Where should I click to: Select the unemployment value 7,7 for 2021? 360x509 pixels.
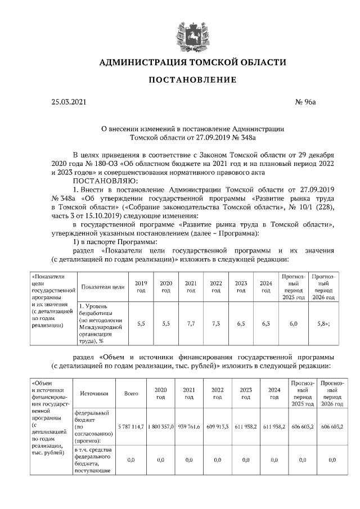(x=191, y=325)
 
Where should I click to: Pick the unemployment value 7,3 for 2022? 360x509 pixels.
(x=215, y=325)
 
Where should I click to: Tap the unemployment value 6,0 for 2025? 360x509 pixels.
(x=295, y=325)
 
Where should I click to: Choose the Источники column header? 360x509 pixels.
(x=94, y=394)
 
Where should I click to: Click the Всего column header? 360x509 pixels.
(x=131, y=394)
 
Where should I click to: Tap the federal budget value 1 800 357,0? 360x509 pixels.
(x=160, y=427)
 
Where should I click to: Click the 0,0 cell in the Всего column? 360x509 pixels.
(x=131, y=460)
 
